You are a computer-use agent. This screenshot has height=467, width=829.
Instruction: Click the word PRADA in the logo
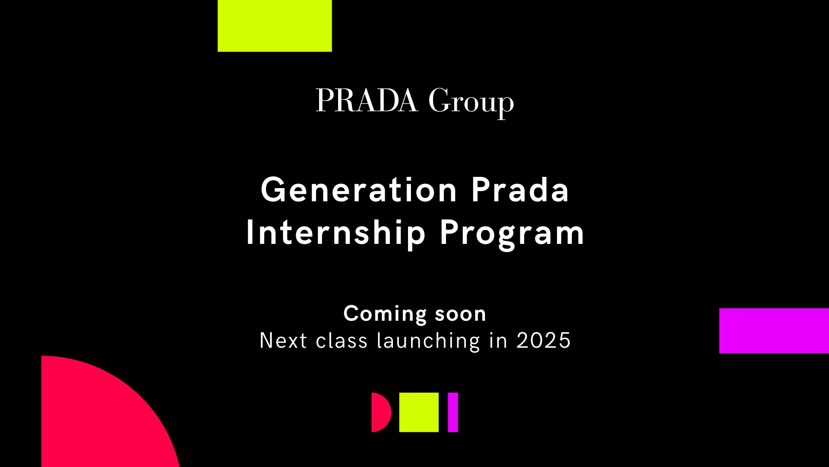pyautogui.click(x=367, y=101)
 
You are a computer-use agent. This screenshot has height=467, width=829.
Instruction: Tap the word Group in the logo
pyautogui.click(x=471, y=103)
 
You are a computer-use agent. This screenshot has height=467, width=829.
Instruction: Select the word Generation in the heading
pyautogui.click(x=359, y=190)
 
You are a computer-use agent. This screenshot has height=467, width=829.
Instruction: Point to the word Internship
pyautogui.click(x=335, y=234)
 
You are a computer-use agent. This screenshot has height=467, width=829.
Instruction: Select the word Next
pyautogui.click(x=283, y=341)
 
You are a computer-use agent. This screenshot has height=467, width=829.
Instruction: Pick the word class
pyautogui.click(x=342, y=341)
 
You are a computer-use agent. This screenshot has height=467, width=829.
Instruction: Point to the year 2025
pyautogui.click(x=544, y=341)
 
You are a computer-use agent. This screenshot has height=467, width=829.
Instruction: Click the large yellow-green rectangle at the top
pyautogui.click(x=275, y=26)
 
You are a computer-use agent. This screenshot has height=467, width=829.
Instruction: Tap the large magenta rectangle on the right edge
pyautogui.click(x=774, y=331)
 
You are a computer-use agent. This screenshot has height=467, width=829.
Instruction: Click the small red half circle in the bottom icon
pyautogui.click(x=380, y=413)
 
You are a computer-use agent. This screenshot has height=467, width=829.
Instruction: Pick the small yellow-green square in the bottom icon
pyautogui.click(x=419, y=413)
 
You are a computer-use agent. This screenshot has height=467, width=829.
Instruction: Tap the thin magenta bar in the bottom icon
pyautogui.click(x=453, y=413)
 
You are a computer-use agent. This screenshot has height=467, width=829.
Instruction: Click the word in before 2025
pyautogui.click(x=498, y=341)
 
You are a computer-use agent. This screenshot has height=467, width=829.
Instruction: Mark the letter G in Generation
pyautogui.click(x=272, y=190)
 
